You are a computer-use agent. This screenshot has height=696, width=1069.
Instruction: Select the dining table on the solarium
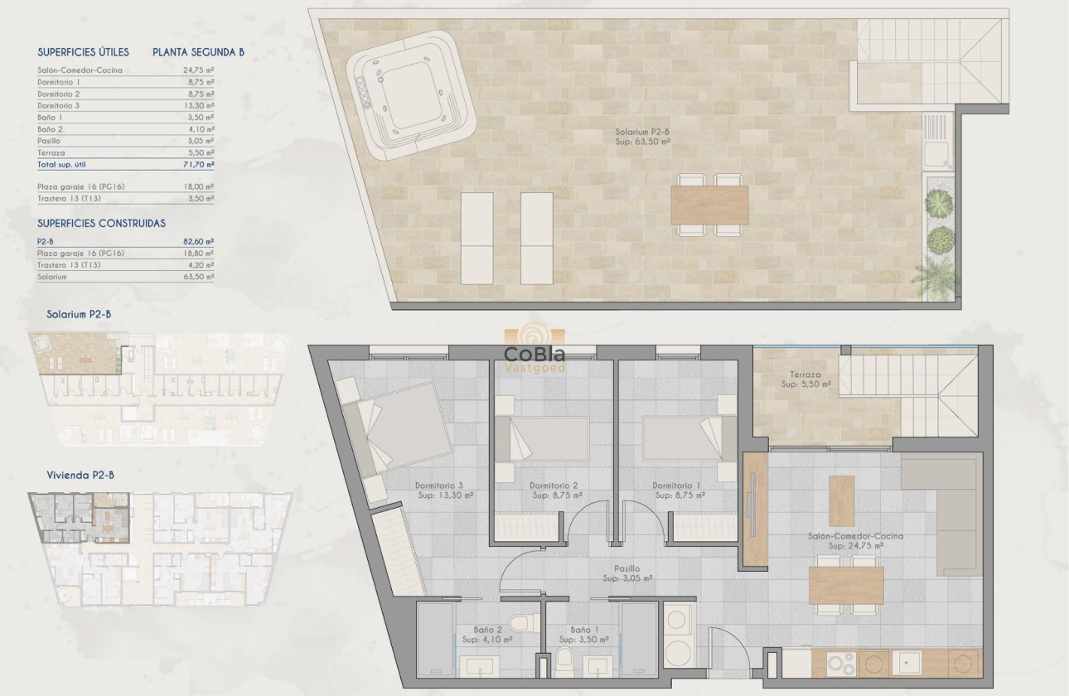pyautogui.click(x=709, y=205)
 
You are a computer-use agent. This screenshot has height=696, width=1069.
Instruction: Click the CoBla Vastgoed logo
pyautogui.click(x=535, y=350)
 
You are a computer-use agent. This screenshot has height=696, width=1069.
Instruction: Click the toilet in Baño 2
pyautogui.click(x=520, y=622)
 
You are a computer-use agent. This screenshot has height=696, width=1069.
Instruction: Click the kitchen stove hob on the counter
pyautogui.click(x=839, y=663)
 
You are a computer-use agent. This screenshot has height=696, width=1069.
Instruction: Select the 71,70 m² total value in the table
pyautogui.click(x=198, y=165)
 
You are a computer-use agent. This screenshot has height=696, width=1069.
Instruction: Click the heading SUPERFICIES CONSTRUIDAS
pyautogui.click(x=101, y=224)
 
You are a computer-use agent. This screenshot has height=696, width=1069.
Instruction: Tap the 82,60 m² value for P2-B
pyautogui.click(x=198, y=241)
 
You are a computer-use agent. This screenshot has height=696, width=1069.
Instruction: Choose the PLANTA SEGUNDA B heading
pyautogui.click(x=198, y=52)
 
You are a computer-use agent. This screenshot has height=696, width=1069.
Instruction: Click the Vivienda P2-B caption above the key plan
pyautogui.click(x=80, y=475)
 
